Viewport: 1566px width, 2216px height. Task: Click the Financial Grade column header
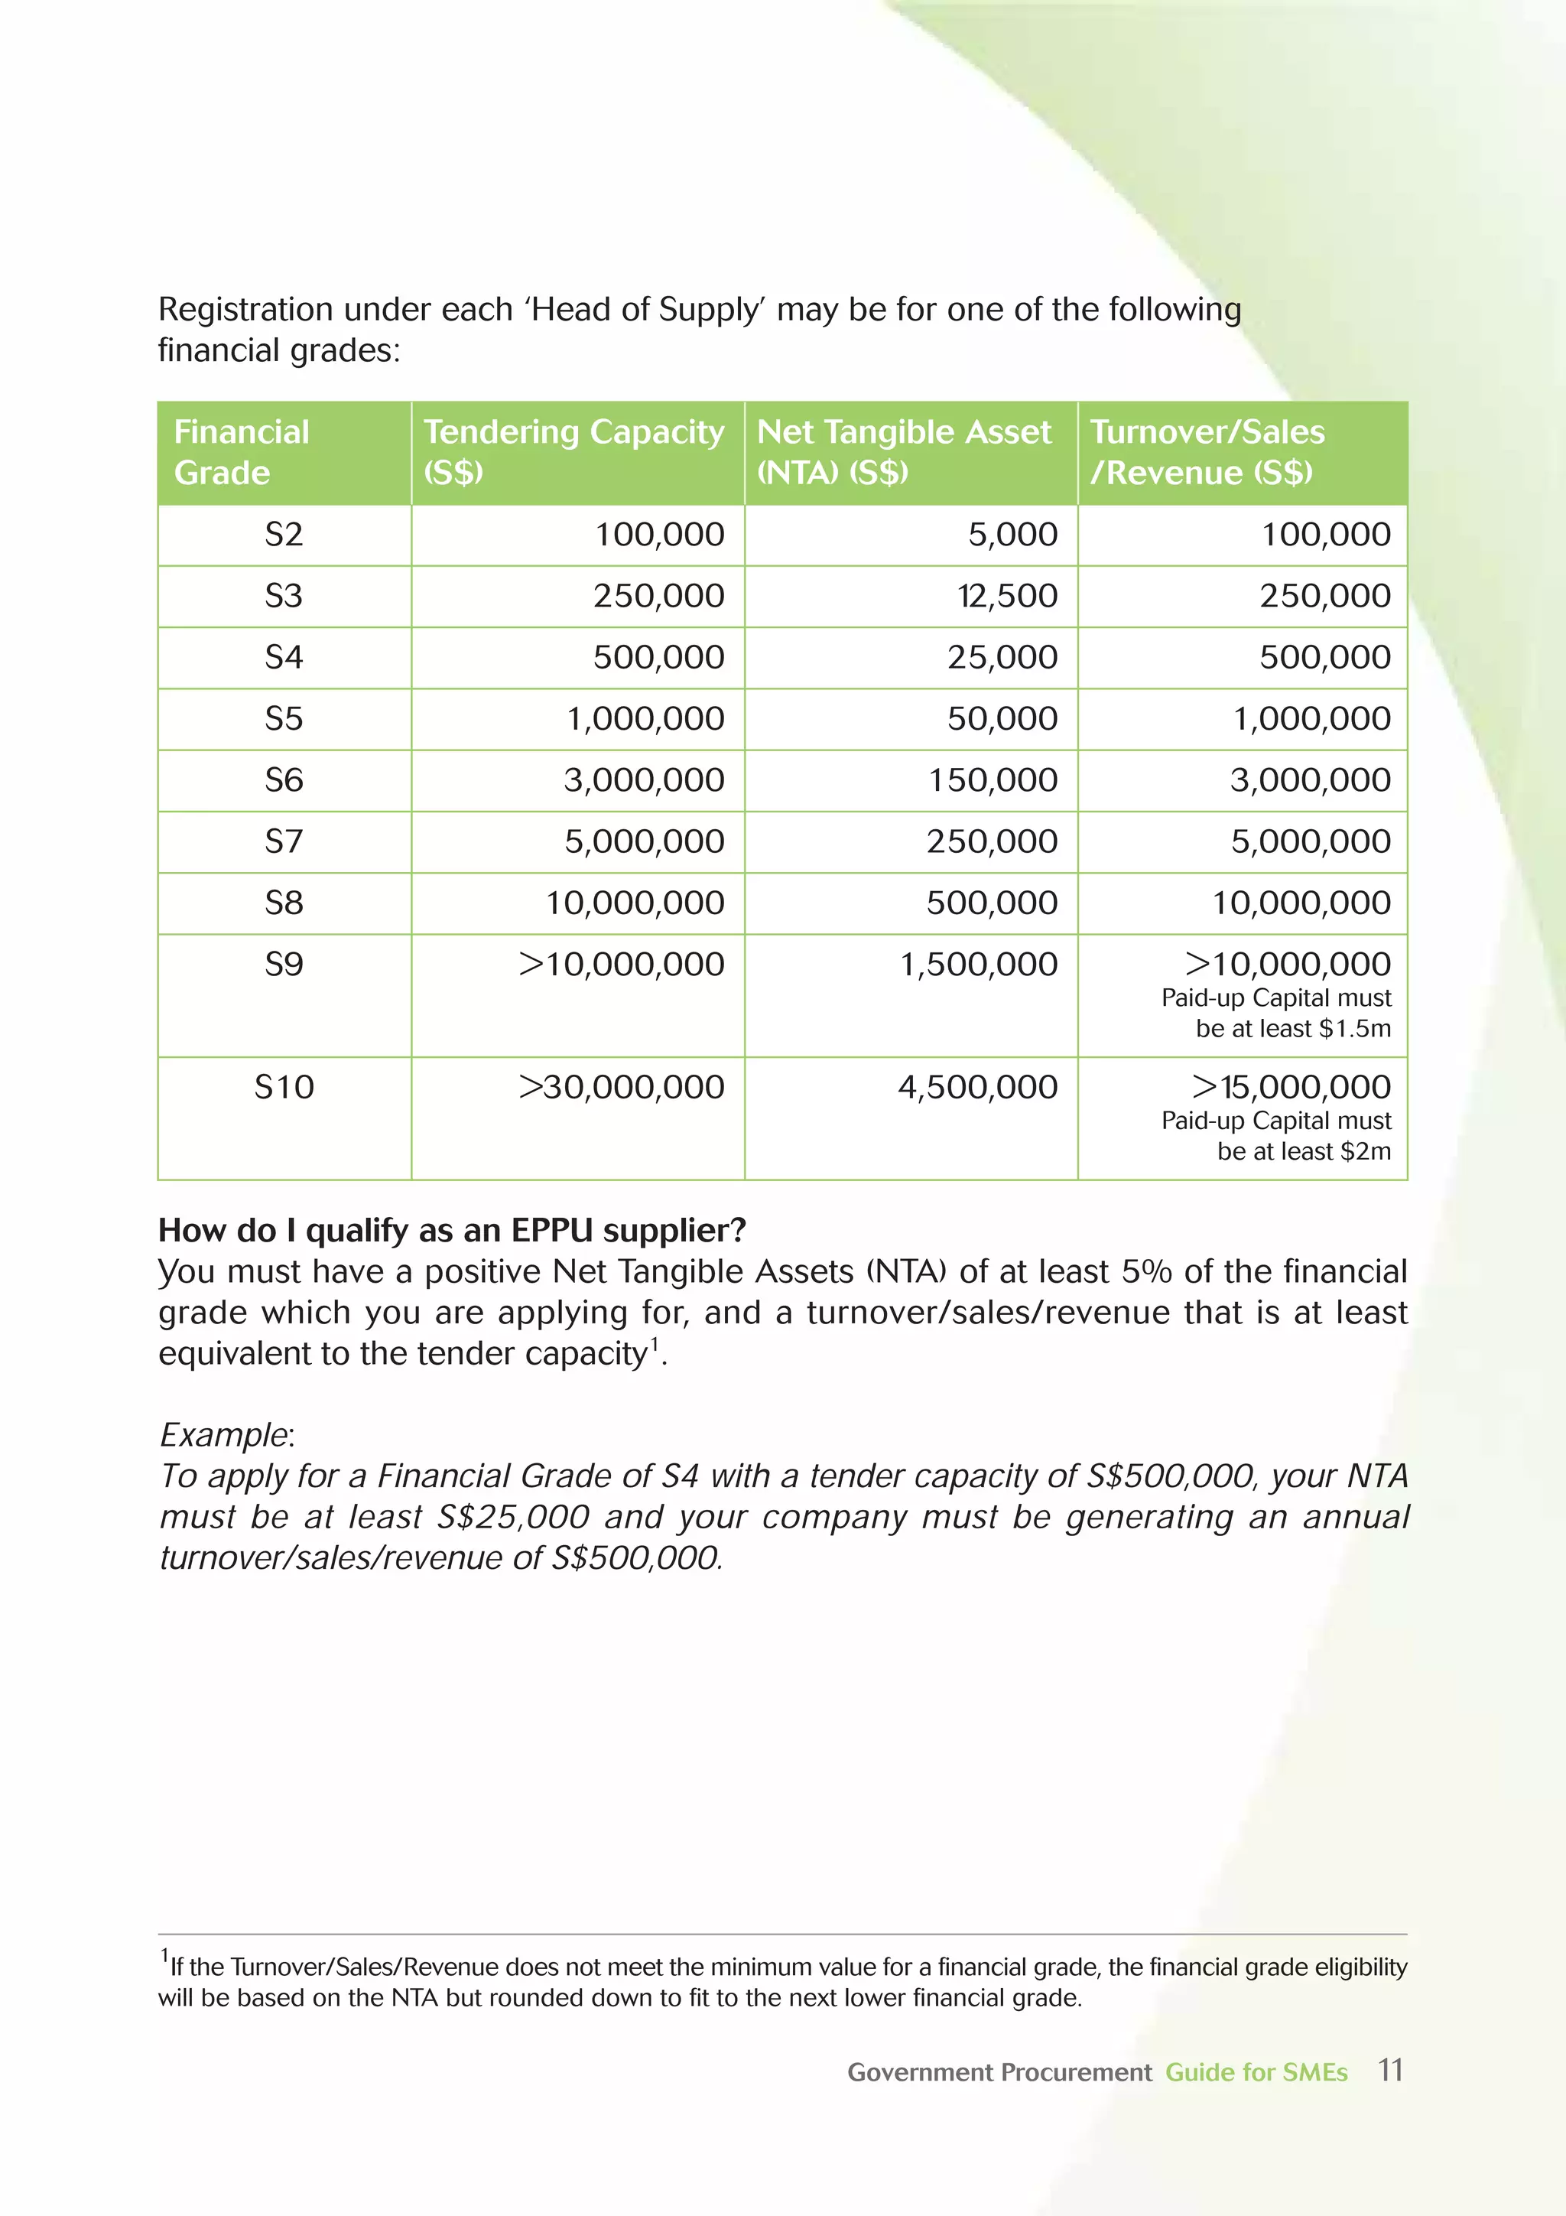point(241,452)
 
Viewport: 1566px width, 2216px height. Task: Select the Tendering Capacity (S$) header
point(573,452)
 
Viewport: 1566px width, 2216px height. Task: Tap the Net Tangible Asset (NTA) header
point(903,452)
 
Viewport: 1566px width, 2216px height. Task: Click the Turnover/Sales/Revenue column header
point(1207,452)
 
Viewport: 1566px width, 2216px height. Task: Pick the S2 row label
point(284,535)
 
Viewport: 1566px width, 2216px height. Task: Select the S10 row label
point(284,1088)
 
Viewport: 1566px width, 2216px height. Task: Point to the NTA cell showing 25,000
point(1002,657)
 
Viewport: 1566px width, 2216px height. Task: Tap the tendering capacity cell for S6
point(644,781)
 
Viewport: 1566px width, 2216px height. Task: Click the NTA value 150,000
point(992,781)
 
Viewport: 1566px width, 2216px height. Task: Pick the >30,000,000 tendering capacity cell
point(622,1088)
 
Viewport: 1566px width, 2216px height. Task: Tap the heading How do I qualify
point(452,1231)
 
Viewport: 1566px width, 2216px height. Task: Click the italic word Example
point(225,1435)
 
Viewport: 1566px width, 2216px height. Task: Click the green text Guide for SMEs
point(1256,2073)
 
